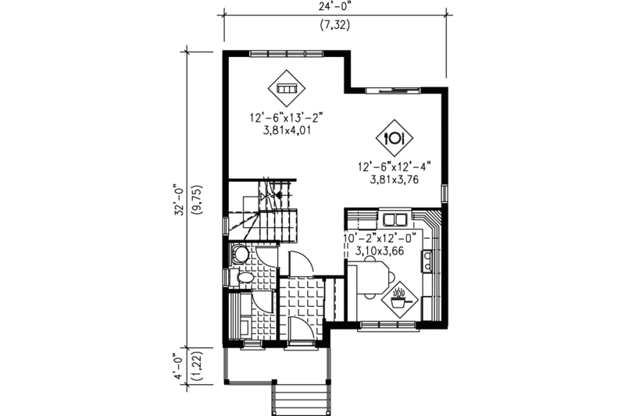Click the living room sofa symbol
click(x=287, y=88)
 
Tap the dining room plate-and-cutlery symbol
click(x=395, y=138)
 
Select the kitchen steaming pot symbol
click(x=399, y=297)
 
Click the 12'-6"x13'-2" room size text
click(x=286, y=119)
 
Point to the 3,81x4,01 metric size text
click(x=286, y=132)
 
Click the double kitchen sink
click(x=394, y=218)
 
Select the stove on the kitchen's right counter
click(x=429, y=260)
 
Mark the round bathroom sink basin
click(x=240, y=254)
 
